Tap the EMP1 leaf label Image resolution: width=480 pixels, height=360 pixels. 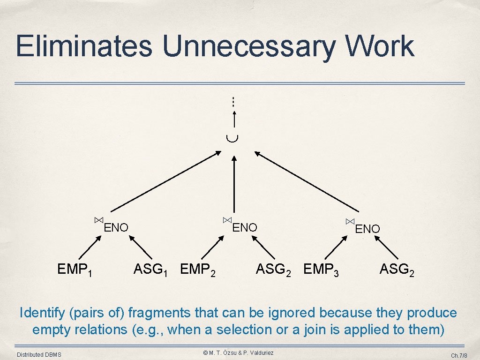[74, 270]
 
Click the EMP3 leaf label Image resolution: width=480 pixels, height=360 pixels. [322, 270]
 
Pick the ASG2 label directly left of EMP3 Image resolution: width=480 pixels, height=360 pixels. [273, 270]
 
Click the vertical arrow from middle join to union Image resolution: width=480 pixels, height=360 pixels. [234, 185]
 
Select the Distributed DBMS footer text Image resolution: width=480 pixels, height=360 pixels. [39, 355]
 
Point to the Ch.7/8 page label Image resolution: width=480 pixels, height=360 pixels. [459, 355]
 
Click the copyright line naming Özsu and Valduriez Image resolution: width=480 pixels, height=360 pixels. [238, 352]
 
